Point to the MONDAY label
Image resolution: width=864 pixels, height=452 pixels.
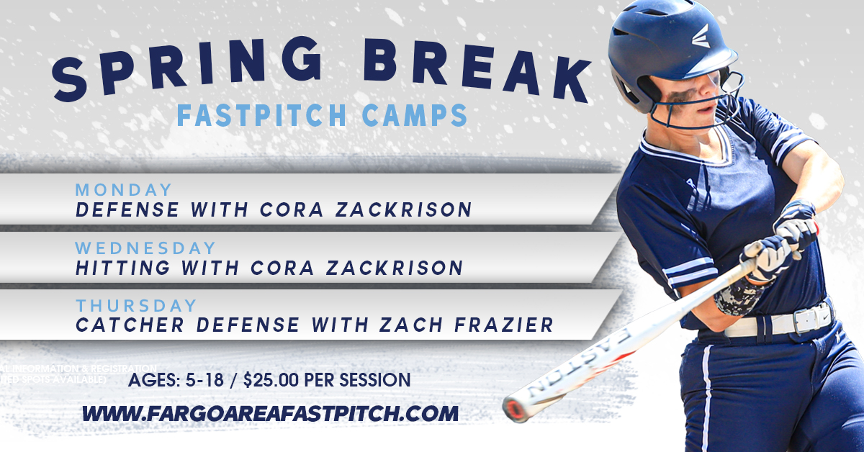[124, 190]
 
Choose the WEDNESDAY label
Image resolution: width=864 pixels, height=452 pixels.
[145, 248]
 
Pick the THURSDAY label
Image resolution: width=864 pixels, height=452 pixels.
[135, 306]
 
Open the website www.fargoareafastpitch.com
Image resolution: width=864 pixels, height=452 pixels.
[270, 414]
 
